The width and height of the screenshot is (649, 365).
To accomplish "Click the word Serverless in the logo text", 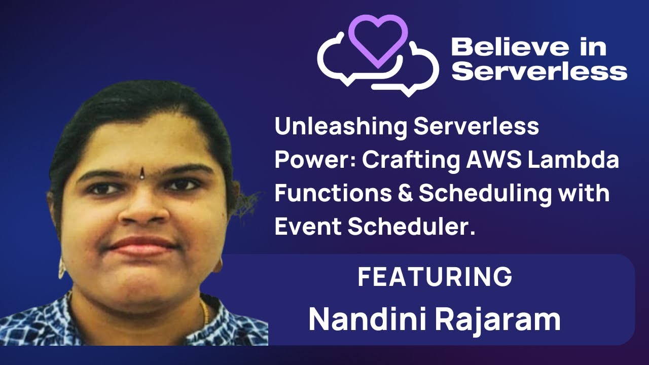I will [539, 71].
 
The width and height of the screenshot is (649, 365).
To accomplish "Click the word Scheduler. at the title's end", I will [411, 227].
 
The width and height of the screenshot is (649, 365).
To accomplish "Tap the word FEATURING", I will [435, 277].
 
